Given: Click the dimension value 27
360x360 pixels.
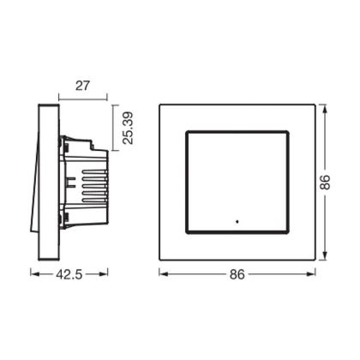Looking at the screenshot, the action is pos(82,86).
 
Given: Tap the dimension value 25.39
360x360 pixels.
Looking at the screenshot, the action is pos(128,128).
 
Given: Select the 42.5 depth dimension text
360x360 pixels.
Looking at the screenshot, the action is pos(69,274).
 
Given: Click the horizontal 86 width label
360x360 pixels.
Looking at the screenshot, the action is pos(237,274).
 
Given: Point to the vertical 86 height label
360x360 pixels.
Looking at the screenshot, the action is pos(325,183).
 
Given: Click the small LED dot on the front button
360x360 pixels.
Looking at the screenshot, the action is pos(237,221).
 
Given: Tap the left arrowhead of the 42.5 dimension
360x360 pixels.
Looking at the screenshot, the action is pos(34,274).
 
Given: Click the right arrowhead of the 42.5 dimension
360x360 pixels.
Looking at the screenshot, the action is pos(104,274).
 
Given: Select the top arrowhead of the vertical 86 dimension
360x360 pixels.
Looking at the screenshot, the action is pos(324,109).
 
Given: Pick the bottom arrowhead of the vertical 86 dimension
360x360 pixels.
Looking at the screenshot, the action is pos(324,255).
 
